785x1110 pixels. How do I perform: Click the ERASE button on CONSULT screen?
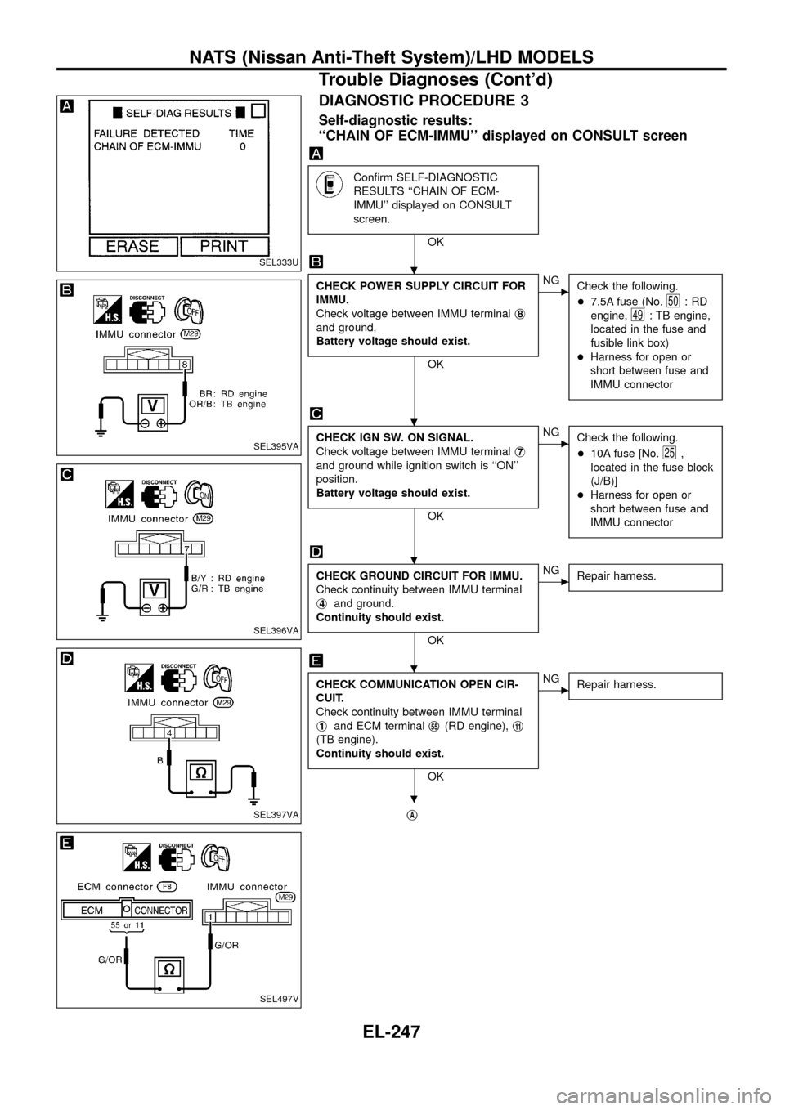(132, 246)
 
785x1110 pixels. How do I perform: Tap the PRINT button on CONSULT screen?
(224, 246)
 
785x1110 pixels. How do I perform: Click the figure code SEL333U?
(279, 262)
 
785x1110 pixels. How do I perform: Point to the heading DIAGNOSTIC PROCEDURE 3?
(424, 101)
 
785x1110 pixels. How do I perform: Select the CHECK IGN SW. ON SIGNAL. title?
(382, 438)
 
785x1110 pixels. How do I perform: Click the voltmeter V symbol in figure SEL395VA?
(152, 405)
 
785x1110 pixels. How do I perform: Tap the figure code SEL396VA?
(276, 630)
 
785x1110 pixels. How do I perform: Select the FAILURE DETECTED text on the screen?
(147, 132)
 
